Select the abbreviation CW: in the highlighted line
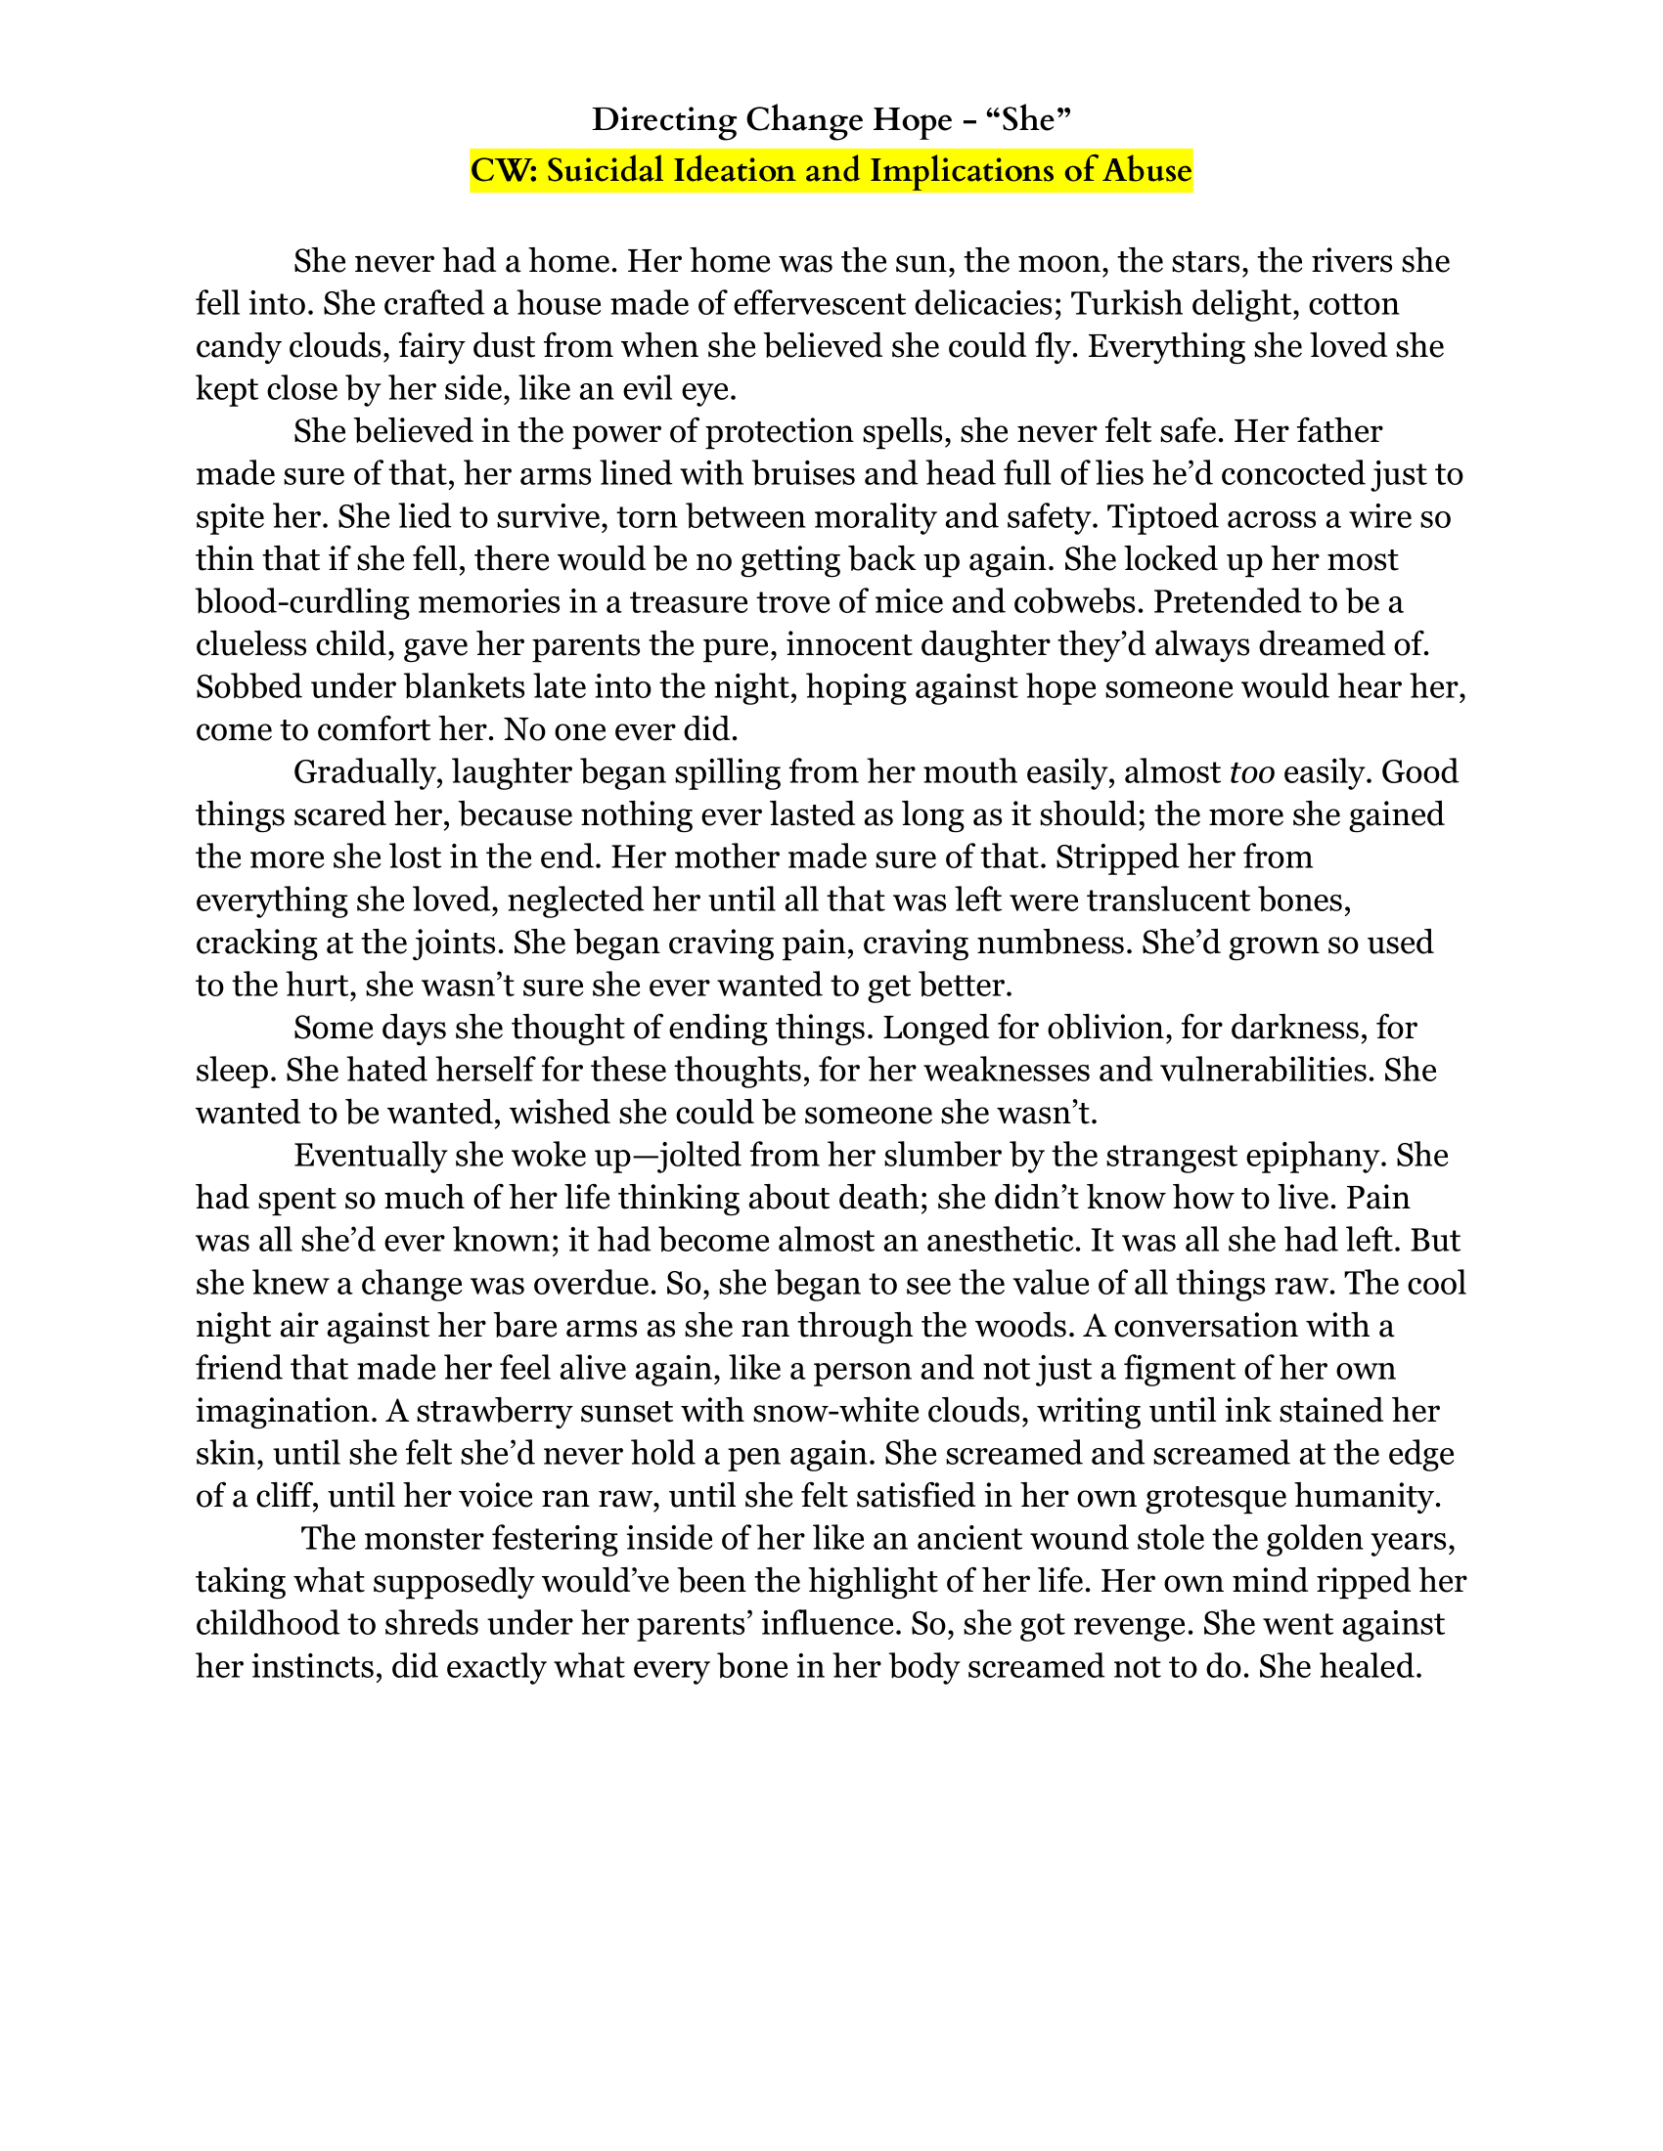point(504,171)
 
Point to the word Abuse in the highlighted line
point(1146,171)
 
